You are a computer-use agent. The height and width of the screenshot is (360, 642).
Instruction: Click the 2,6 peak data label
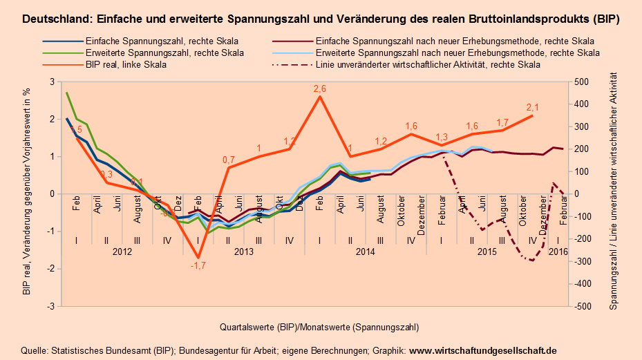tap(319, 88)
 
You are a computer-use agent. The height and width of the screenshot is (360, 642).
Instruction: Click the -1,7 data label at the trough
tap(199, 265)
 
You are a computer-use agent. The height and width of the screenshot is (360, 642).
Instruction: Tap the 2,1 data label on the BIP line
tap(532, 107)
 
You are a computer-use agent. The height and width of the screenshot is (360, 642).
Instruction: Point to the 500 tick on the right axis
tap(583, 82)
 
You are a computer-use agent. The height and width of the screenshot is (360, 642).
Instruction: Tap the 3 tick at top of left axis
tap(50, 82)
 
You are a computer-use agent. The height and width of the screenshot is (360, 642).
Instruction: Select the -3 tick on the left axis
tap(49, 306)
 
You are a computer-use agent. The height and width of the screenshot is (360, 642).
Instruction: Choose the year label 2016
tap(558, 252)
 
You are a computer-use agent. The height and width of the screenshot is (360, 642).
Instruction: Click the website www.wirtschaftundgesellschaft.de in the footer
tap(483, 350)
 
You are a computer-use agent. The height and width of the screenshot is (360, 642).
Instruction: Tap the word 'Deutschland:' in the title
tap(53, 20)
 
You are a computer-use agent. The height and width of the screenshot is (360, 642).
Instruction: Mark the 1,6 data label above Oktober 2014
tap(411, 126)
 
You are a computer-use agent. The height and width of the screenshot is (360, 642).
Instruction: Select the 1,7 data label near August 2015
tap(502, 122)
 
